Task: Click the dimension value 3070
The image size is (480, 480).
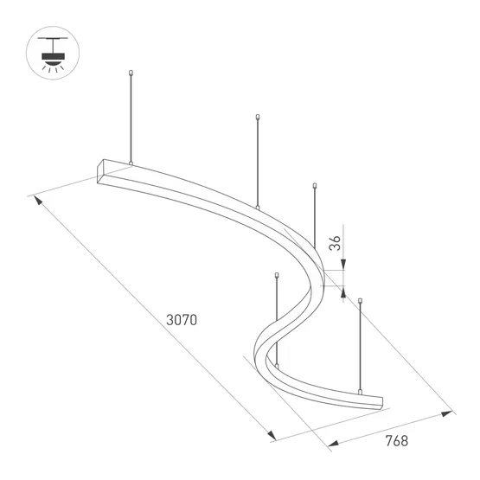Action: tap(182, 319)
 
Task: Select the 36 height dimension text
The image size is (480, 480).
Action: tap(336, 243)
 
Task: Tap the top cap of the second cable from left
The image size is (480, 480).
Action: tap(259, 117)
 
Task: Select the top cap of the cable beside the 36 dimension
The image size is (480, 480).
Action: tap(316, 183)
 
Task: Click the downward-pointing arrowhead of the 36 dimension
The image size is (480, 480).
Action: tap(344, 265)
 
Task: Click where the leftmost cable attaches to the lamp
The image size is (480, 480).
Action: tap(130, 163)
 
